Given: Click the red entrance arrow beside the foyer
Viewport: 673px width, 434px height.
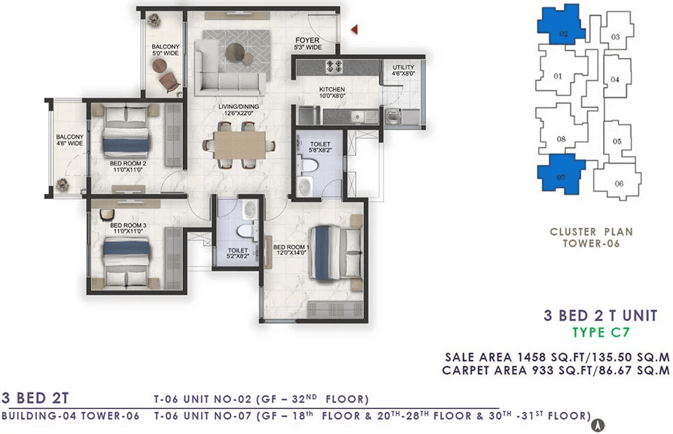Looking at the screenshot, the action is pos(355,29).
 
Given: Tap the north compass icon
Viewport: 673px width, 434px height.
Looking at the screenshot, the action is pos(598,425).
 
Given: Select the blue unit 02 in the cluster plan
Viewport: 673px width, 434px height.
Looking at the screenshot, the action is pos(561,24).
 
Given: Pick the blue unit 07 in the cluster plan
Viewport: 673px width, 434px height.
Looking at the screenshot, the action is pos(561,172).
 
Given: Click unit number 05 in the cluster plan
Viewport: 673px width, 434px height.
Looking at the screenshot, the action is pos(616,141).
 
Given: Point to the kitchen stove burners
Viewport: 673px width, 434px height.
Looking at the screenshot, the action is pos(334,66).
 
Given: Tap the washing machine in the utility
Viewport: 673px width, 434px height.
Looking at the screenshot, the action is pos(392,116).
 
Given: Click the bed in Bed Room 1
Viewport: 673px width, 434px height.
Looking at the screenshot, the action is pos(335,253).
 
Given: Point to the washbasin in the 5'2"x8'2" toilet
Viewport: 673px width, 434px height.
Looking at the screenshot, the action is pos(250,210).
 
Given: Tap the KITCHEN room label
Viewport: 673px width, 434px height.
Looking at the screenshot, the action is pos(332,89).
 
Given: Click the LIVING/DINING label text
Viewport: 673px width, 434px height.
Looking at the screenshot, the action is pos(239,106).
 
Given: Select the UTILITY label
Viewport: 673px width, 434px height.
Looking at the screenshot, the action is pos(403,67).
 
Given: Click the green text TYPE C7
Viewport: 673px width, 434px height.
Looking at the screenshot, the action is pos(600,332).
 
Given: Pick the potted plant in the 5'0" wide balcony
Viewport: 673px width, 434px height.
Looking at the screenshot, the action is pos(153,20).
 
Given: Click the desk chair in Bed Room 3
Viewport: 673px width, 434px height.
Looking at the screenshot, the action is pos(106,214).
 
